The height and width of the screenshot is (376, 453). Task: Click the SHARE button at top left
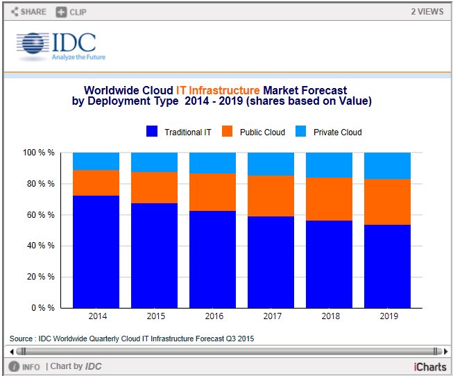click(28, 12)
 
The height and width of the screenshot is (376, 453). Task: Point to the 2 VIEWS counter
click(427, 12)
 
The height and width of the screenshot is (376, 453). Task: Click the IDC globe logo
click(31, 46)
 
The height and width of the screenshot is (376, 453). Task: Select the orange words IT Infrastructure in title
click(218, 90)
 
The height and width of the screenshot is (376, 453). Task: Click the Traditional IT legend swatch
click(153, 132)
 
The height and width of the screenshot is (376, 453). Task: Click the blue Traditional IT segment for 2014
click(96, 251)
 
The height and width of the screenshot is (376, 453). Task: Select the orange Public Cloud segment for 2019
click(387, 202)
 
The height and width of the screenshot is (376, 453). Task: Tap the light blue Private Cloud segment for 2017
click(271, 164)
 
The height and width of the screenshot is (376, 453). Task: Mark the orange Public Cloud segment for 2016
click(212, 192)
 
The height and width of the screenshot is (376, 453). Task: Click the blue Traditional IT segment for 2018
click(329, 264)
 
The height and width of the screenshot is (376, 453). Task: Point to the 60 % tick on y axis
click(41, 215)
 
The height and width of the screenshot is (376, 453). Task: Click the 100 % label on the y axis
click(40, 153)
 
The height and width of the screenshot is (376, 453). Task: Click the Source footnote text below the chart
click(132, 339)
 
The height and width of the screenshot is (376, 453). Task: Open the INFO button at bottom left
click(25, 366)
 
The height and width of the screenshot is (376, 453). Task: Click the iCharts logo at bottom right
click(429, 366)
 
